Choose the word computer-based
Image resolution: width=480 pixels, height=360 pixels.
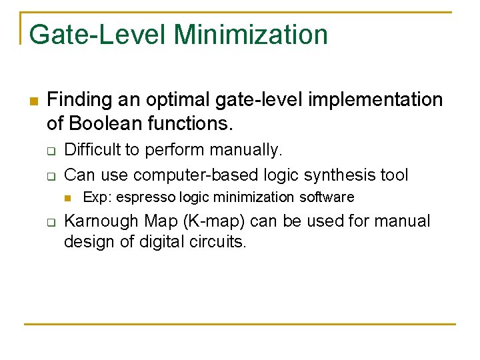point(199,175)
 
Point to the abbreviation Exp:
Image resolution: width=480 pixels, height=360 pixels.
point(96,197)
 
